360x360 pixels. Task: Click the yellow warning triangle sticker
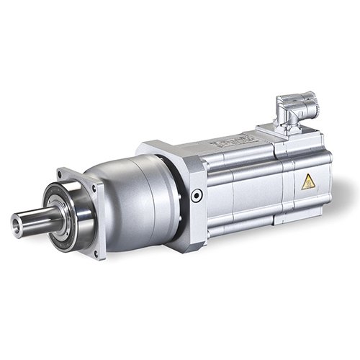(x=308, y=182)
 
